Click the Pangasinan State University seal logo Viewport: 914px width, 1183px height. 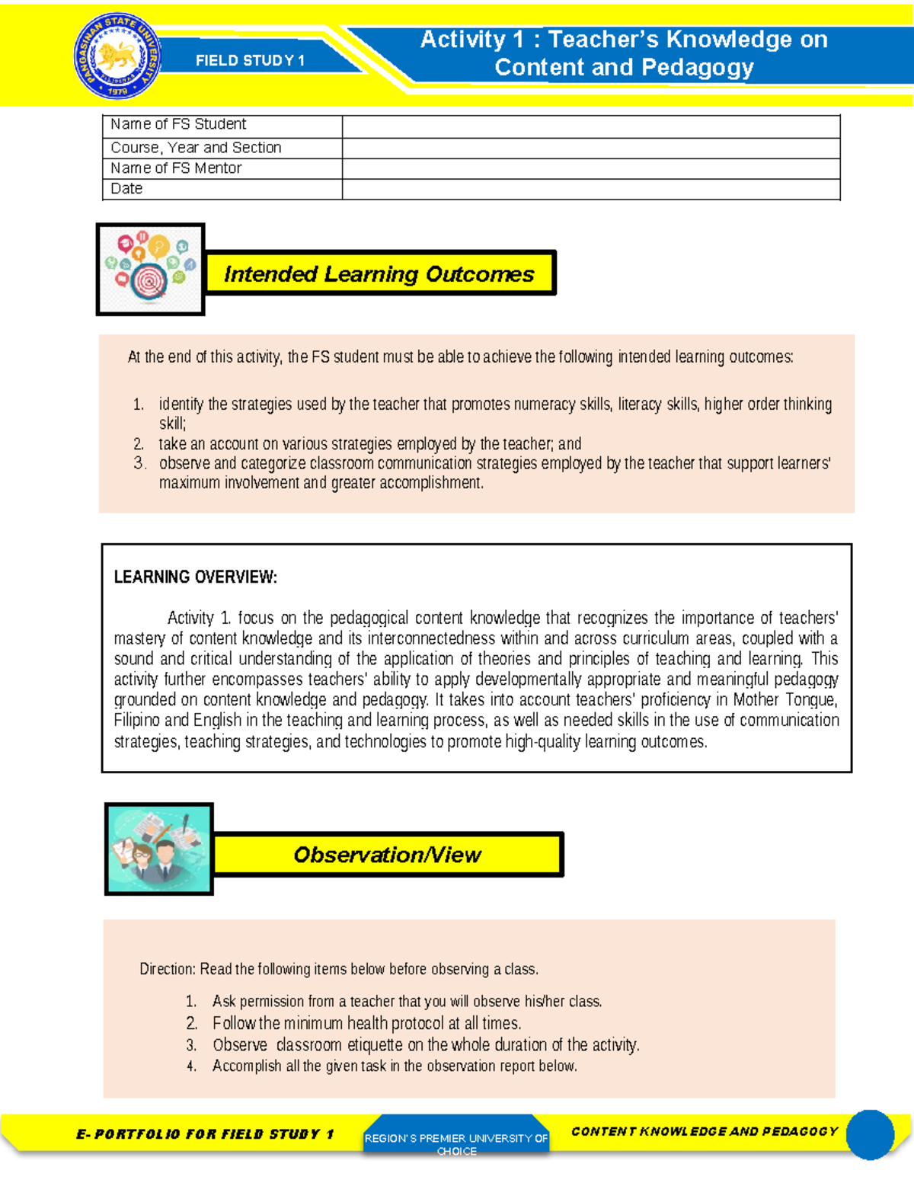pos(118,57)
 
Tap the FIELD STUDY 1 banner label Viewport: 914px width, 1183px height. pos(250,61)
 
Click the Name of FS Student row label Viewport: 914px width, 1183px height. pos(178,124)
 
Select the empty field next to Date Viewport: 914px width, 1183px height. pos(590,189)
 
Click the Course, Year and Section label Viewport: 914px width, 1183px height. pos(196,148)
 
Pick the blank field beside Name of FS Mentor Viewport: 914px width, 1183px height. pos(590,168)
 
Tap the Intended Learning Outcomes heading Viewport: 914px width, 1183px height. pos(379,273)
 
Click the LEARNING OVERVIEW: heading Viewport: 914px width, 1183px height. pos(195,577)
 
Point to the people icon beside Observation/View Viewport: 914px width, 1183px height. pos(158,849)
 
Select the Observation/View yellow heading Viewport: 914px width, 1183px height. pos(387,855)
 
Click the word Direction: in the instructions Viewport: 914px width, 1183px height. pos(168,969)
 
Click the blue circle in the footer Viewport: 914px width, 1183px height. pos(870,1134)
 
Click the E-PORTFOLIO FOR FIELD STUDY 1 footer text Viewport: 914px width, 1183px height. pos(205,1134)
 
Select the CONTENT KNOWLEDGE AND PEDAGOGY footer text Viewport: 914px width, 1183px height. pos(704,1131)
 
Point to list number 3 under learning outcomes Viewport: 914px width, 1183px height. pos(139,463)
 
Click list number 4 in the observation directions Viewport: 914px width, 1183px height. pos(191,1066)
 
